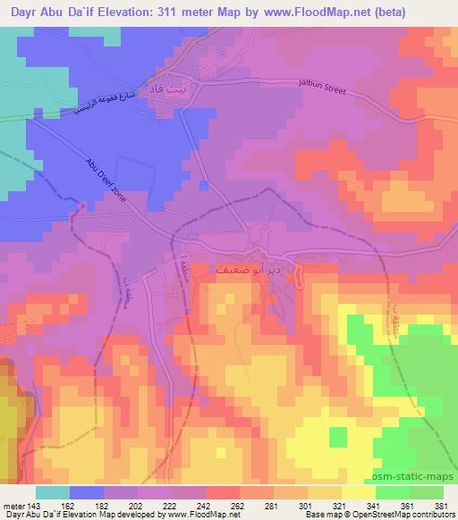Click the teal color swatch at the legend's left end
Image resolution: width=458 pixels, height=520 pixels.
52,492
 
